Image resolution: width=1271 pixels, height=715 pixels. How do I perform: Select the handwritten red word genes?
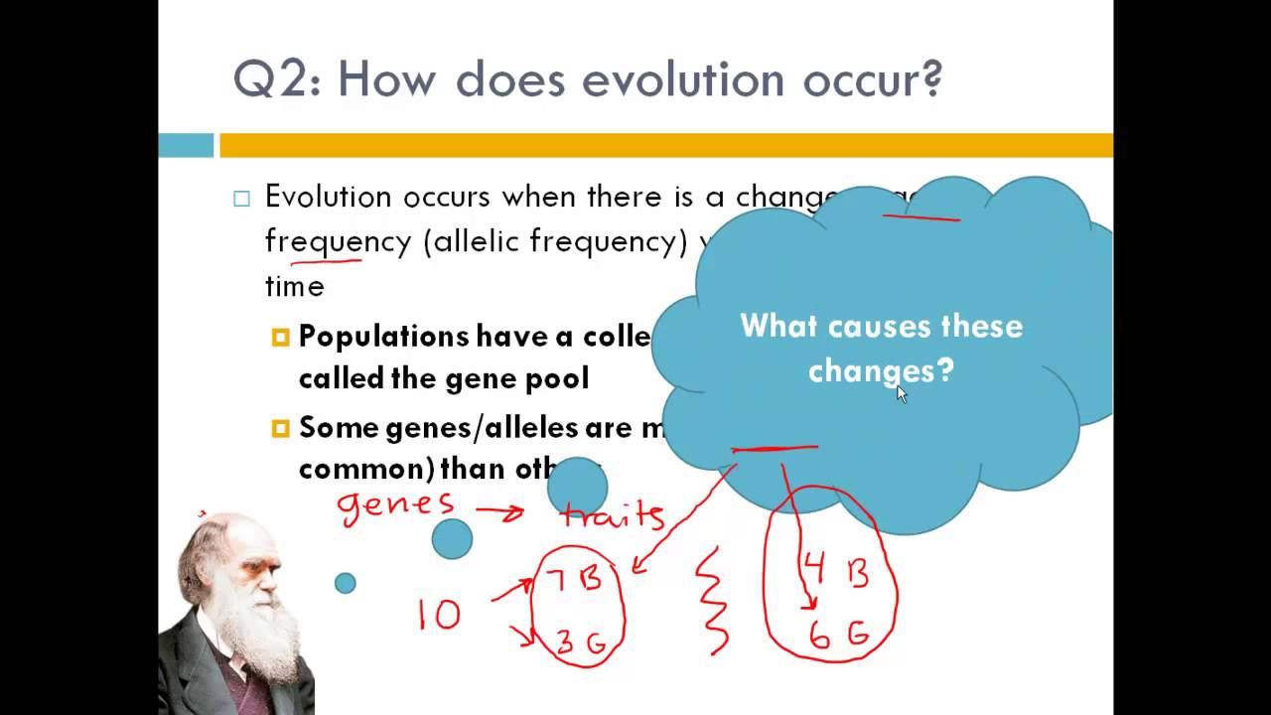[x=395, y=505]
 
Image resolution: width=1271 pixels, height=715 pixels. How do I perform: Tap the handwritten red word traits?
[x=613, y=514]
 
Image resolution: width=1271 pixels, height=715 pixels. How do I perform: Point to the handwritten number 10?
[x=439, y=616]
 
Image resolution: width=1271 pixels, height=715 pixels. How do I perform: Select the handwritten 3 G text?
[x=581, y=642]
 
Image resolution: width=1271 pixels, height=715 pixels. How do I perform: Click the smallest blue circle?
[x=345, y=583]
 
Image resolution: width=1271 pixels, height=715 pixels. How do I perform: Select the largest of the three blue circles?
[x=577, y=488]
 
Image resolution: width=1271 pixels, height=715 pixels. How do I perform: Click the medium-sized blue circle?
[x=453, y=539]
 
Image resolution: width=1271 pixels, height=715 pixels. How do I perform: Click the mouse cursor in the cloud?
[x=902, y=394]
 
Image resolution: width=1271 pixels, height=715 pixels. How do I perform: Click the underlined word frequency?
[x=338, y=241]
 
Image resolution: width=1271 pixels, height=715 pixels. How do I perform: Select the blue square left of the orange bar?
[x=186, y=146]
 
